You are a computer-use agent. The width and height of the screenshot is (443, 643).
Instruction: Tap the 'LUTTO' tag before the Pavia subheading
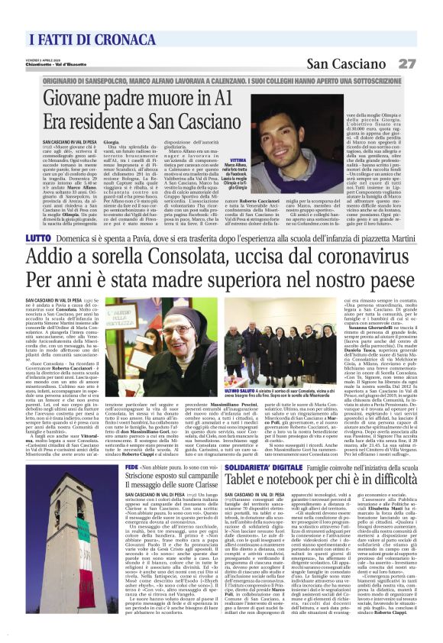tap(37, 239)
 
